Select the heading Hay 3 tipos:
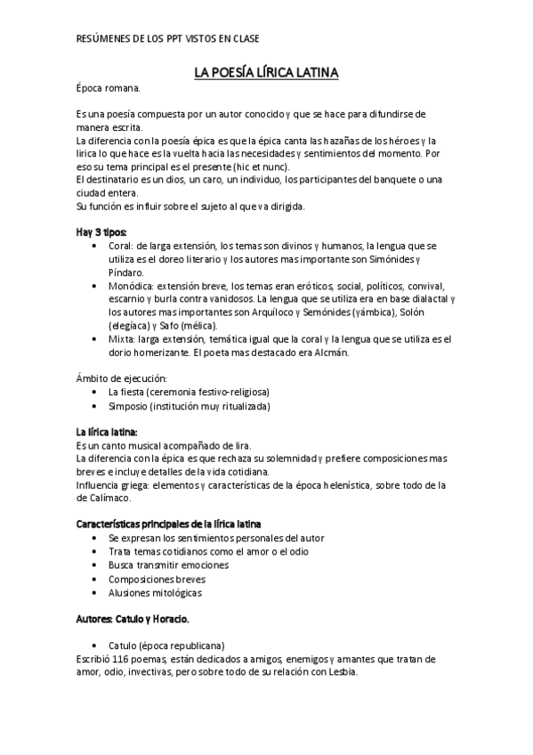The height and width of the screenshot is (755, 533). coord(101,231)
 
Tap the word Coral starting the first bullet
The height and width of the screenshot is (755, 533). coord(120,245)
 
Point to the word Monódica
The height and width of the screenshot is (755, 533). coord(129,286)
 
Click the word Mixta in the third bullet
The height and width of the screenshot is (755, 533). coord(121,339)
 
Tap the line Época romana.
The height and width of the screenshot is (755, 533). coord(108,88)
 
